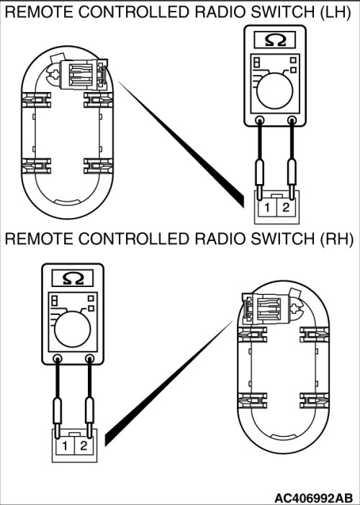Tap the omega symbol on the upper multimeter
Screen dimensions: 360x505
(275, 40)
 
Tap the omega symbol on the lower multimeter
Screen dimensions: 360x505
(73, 278)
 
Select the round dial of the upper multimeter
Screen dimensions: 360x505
(275, 91)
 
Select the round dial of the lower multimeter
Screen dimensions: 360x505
(73, 329)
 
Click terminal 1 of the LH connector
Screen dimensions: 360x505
(266, 208)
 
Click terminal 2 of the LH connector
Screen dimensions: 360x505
(286, 208)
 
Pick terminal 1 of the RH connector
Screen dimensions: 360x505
(65, 446)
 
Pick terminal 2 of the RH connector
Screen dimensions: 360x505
(84, 446)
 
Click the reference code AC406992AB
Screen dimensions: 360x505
(314, 498)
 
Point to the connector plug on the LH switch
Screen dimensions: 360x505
(83, 75)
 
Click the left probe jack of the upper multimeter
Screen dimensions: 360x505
(259, 120)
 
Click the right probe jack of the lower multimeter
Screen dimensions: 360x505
(89, 358)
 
